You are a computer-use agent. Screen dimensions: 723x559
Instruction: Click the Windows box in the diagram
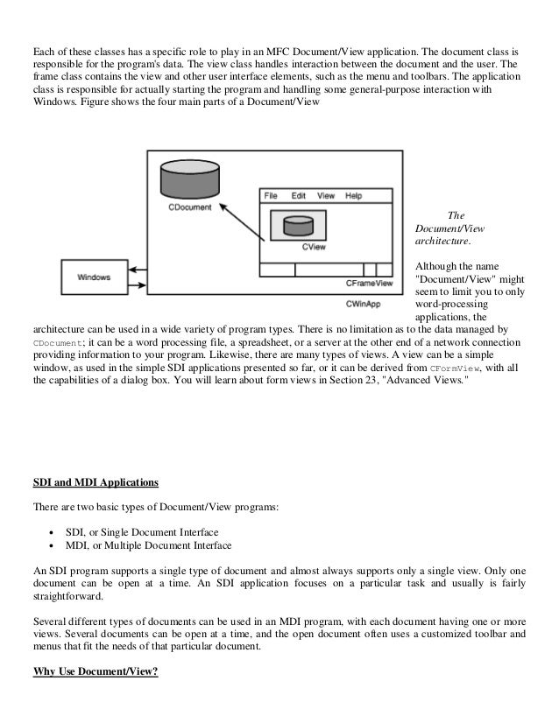coord(95,277)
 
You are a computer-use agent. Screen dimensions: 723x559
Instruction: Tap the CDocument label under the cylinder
coord(188,208)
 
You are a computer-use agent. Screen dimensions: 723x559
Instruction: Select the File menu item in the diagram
coord(272,196)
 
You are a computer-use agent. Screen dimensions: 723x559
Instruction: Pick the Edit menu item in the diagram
coord(299,196)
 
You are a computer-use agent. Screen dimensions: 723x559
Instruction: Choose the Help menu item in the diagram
coord(353,196)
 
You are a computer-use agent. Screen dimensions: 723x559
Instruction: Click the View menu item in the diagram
coord(326,196)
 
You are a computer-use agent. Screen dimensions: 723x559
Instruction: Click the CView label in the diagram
coord(315,248)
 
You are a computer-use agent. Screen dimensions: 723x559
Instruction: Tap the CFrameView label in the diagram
coord(369,283)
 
